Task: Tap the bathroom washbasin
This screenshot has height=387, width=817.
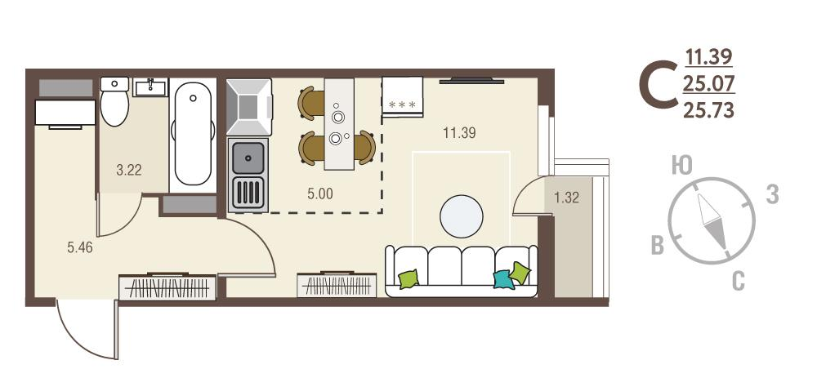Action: [150, 87]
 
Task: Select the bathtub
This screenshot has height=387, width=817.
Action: [193, 135]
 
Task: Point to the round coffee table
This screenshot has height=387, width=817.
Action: [461, 216]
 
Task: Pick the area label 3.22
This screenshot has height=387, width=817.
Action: [129, 171]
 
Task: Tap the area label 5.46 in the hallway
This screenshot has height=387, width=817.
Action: [80, 247]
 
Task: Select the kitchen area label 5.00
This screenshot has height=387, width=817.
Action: [319, 193]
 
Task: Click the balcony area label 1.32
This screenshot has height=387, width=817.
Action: [566, 198]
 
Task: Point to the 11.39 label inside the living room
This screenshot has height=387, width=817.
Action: [459, 133]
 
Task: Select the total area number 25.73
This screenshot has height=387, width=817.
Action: [708, 110]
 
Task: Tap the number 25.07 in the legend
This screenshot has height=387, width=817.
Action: [708, 82]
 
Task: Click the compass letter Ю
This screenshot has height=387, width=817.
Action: [681, 166]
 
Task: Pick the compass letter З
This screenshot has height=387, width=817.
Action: [772, 194]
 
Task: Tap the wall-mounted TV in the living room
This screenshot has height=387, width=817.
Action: [471, 81]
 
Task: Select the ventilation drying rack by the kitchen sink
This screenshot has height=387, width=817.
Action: [248, 192]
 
